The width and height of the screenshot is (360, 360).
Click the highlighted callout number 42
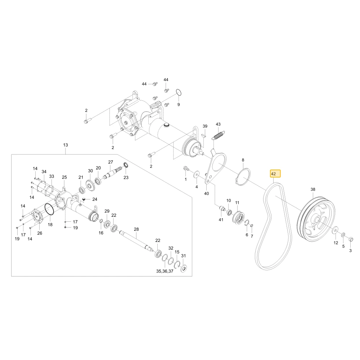273,174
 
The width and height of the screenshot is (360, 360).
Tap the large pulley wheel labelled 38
316,219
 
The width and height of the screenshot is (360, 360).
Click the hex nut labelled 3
351,239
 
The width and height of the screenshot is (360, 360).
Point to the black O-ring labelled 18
49,209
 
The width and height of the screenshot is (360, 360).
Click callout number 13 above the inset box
66,145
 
